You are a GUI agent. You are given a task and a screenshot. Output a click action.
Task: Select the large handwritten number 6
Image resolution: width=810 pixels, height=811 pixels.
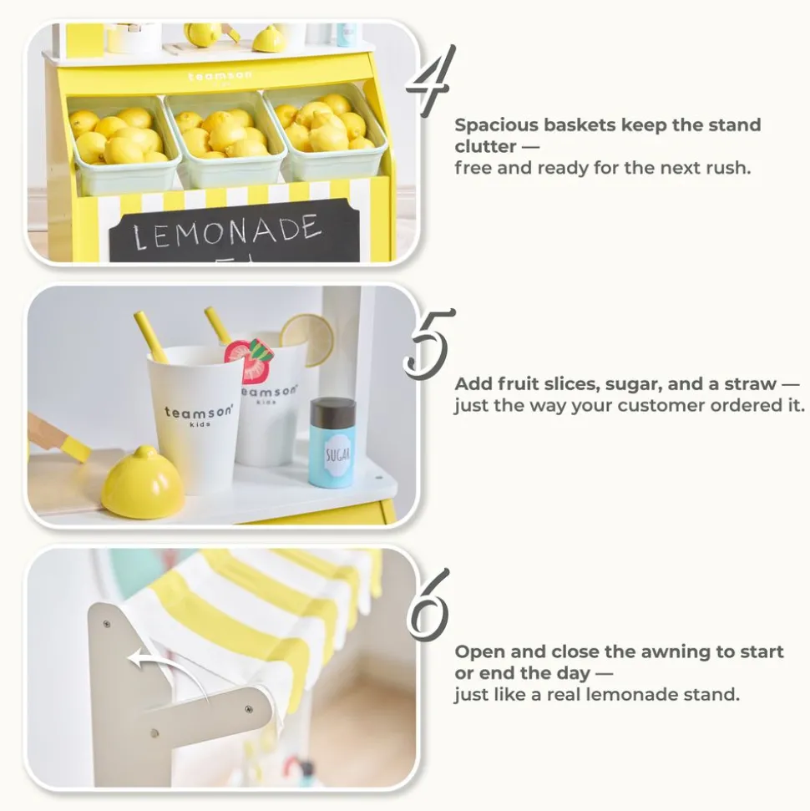(428, 606)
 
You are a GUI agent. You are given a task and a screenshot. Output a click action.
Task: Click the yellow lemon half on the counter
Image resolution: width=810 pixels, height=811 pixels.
(142, 482)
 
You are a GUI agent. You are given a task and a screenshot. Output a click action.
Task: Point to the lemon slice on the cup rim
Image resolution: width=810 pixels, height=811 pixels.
(307, 339)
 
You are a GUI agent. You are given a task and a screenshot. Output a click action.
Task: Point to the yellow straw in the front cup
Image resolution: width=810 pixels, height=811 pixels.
(150, 337)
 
